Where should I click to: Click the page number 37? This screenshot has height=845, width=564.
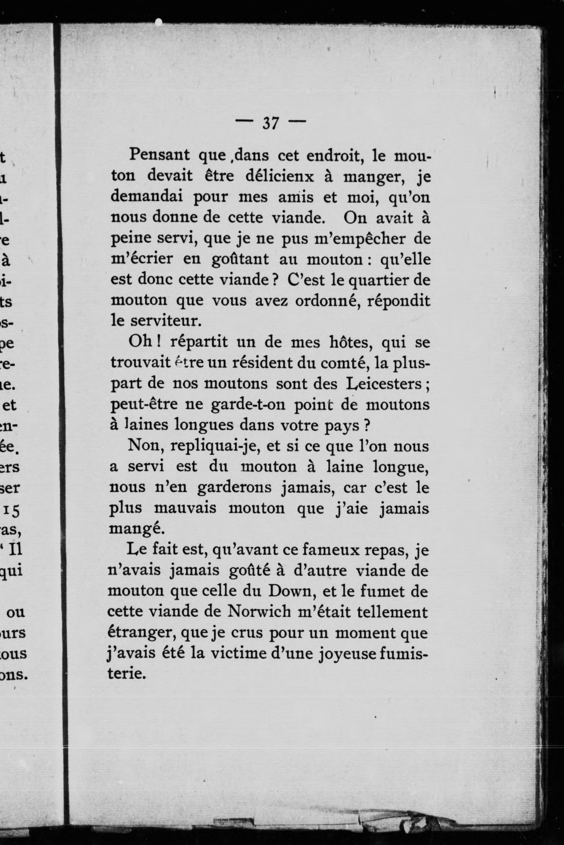click(x=270, y=123)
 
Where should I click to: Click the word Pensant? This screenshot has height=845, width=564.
click(x=159, y=155)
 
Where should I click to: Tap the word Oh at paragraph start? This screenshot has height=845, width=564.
click(x=141, y=342)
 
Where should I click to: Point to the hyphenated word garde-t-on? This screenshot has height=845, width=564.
click(x=248, y=405)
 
